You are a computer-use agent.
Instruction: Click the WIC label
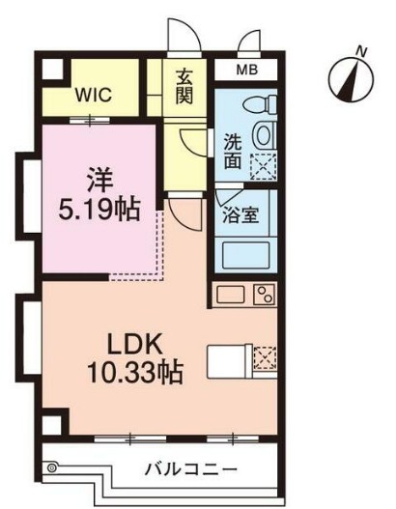[x=92, y=96]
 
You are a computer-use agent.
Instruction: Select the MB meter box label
[x=246, y=71]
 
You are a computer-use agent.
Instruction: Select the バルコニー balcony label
[x=191, y=470]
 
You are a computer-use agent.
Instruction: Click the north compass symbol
[x=354, y=73]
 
